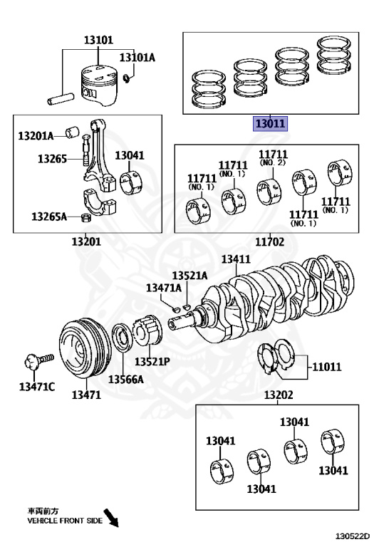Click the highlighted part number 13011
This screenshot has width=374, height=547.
click(271, 123)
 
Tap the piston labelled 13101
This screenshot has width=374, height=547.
click(99, 85)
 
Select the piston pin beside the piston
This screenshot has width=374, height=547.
click(61, 98)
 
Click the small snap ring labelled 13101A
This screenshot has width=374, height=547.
click(128, 78)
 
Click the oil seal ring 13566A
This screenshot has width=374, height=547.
click(123, 338)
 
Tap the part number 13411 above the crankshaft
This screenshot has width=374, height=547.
click(236, 259)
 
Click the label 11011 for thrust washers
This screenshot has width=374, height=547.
click(326, 367)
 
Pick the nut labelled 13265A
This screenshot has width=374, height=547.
click(85, 219)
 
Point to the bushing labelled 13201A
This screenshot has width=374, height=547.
click(72, 132)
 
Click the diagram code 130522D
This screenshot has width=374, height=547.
click(353, 536)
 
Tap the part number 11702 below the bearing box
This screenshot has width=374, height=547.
click(270, 241)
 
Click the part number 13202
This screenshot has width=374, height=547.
click(279, 395)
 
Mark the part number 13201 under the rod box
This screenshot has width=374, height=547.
click(86, 241)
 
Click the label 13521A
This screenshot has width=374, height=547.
click(189, 276)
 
